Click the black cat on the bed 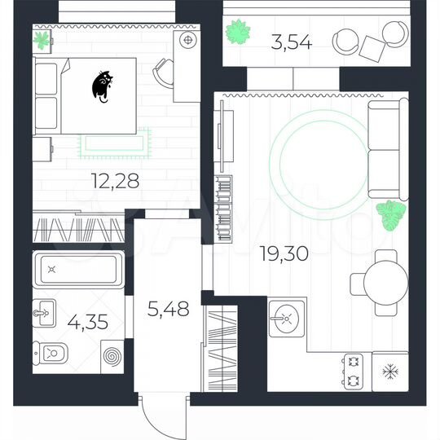click(x=103, y=86)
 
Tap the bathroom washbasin click(x=46, y=310)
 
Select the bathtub click(x=79, y=267)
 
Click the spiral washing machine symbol click(x=112, y=358)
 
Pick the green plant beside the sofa click(x=392, y=215)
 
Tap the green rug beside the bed click(x=114, y=143)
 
